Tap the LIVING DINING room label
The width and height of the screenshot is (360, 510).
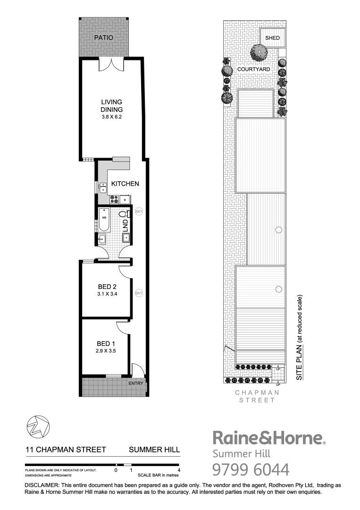coord(111,106)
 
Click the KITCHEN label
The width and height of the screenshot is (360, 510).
coord(125,184)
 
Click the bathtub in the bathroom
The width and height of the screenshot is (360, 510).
coord(104,220)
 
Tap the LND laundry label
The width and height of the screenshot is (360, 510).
coord(126,225)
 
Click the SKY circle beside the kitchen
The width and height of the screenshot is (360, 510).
coord(139,211)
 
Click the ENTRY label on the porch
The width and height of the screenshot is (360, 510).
coord(135,383)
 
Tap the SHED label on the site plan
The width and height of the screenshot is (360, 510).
coord(272,38)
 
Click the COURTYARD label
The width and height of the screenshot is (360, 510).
coord(253,69)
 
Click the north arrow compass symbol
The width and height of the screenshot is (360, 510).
coord(36,428)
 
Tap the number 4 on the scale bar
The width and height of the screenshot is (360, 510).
coord(178,470)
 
